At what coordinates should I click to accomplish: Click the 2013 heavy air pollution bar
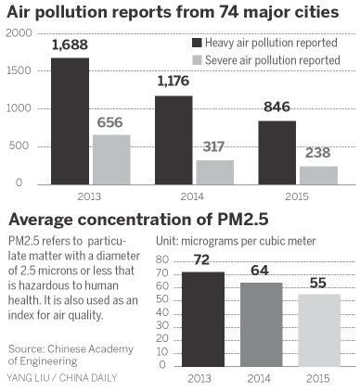tap(70, 120)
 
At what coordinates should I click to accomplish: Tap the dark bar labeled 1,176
tap(174, 140)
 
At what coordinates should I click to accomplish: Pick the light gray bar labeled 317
tap(213, 172)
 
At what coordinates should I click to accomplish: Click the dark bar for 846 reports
tap(277, 152)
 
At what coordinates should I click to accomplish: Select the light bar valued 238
tap(317, 175)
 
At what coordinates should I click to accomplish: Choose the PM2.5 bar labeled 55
tap(317, 323)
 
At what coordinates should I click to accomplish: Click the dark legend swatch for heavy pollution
tap(198, 43)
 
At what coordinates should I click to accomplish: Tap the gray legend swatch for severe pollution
tap(198, 60)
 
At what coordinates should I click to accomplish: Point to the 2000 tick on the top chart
tap(18, 33)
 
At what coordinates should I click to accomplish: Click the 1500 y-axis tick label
tap(18, 71)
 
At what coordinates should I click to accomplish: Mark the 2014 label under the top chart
tap(193, 196)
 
